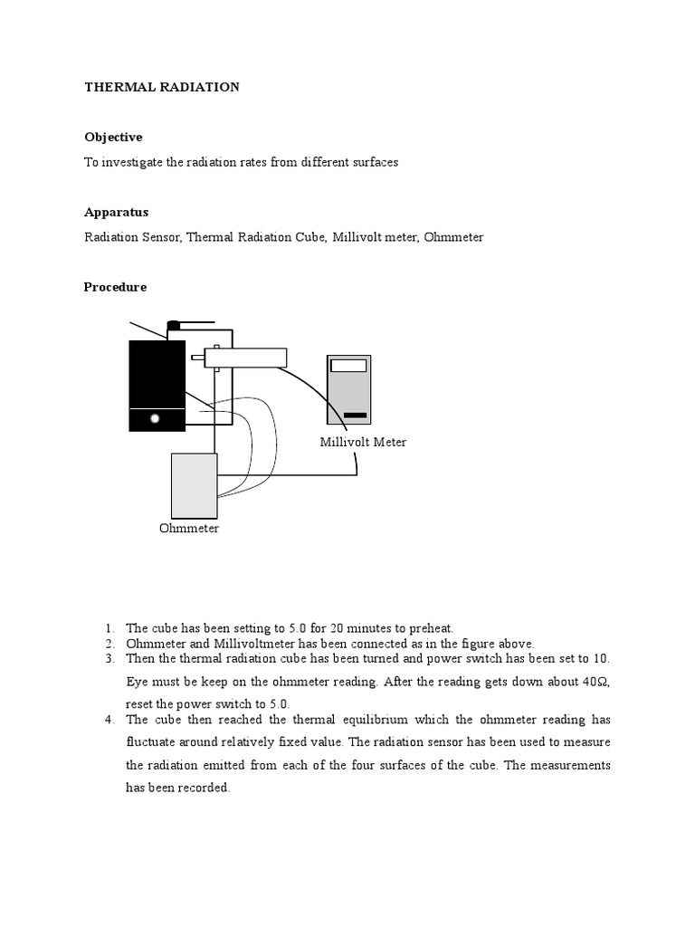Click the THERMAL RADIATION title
click(x=162, y=87)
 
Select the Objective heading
click(x=113, y=137)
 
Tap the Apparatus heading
click(x=116, y=212)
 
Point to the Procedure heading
click(x=115, y=287)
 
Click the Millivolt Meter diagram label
click(x=363, y=442)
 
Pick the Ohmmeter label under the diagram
click(x=188, y=528)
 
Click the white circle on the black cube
click(x=155, y=419)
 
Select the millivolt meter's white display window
click(x=348, y=366)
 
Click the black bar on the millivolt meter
click(x=355, y=416)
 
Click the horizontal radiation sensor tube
click(x=244, y=358)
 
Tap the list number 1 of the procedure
click(x=109, y=628)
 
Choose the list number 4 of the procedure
click(x=109, y=720)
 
